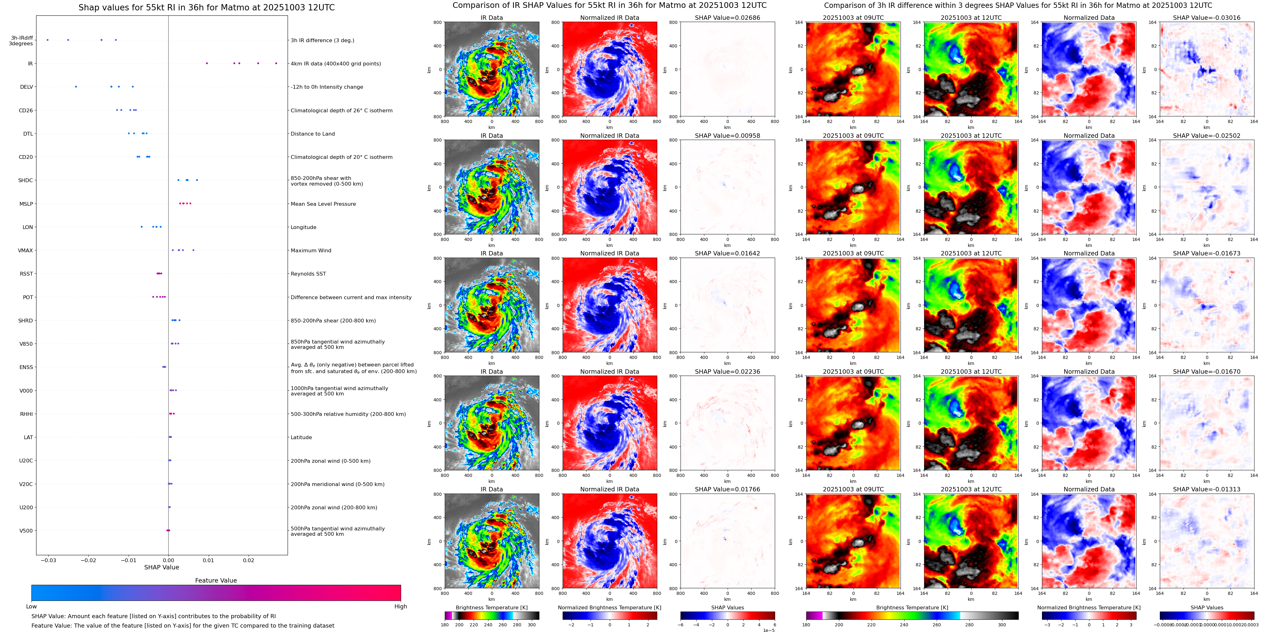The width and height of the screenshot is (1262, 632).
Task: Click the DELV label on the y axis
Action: [26, 87]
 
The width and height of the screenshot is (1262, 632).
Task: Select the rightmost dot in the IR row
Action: [276, 63]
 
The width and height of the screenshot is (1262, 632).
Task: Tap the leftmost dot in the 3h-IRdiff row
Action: [47, 40]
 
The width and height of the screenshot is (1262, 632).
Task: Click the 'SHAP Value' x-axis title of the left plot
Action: [162, 567]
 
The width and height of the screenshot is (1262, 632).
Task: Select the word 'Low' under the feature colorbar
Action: [31, 607]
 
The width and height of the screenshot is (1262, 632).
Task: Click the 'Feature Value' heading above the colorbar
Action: [216, 580]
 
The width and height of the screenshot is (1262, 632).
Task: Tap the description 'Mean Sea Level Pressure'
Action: [323, 204]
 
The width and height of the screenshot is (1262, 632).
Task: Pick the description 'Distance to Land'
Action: [312, 134]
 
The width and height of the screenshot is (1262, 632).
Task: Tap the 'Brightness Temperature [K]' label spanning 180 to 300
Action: [491, 607]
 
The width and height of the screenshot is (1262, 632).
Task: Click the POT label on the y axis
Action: [28, 297]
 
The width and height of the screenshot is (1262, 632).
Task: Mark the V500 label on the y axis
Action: [26, 530]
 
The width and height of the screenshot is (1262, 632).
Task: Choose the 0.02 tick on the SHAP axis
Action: [248, 560]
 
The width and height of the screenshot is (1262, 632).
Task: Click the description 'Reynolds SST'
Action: [308, 274]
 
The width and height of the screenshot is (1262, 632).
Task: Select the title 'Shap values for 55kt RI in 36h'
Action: [206, 7]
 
